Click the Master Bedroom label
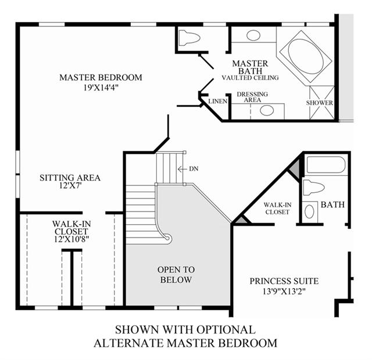coord(101,77)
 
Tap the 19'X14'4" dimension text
coord(101,88)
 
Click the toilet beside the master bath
coord(189,37)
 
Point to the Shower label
coord(319,103)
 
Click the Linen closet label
coord(218,102)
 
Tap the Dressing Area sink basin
coord(267,110)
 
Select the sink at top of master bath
coord(253,35)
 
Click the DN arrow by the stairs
coord(182,169)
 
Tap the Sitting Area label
coord(70,178)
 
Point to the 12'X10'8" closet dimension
coord(71,239)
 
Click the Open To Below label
coord(176,275)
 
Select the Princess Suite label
coord(284,281)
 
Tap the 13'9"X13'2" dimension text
coord(284,291)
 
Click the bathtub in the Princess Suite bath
coord(326,165)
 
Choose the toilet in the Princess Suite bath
coord(314,187)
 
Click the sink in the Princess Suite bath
coord(309,211)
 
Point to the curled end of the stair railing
coord(167,238)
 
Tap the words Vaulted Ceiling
coord(251,78)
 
